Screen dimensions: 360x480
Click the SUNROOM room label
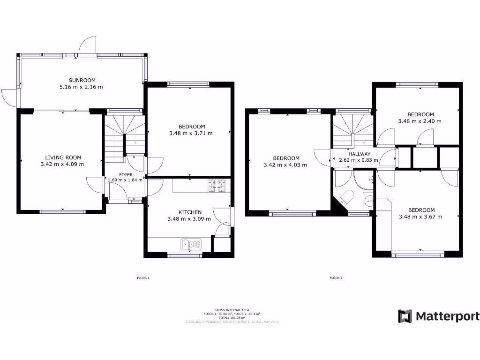click(x=81, y=80)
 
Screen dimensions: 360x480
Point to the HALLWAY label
click(x=359, y=154)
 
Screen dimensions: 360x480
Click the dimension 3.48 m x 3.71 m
click(x=191, y=133)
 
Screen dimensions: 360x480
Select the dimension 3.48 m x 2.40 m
click(x=420, y=121)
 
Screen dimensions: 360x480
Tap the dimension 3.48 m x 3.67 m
click(x=420, y=217)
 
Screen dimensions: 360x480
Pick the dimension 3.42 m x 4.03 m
click(x=285, y=165)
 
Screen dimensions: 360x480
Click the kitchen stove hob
click(x=217, y=186)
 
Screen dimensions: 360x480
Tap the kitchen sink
click(x=192, y=244)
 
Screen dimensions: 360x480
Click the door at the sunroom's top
click(x=88, y=46)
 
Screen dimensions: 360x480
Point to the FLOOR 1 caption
click(x=143, y=278)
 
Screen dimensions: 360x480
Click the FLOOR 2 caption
click(x=336, y=278)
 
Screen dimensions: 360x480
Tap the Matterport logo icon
click(x=405, y=316)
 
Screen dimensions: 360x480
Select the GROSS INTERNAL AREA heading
click(x=232, y=310)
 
